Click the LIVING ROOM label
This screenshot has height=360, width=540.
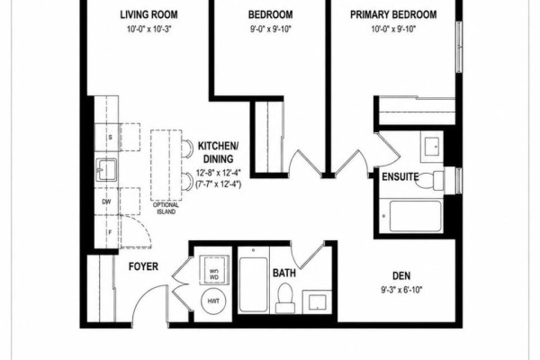tap(148, 14)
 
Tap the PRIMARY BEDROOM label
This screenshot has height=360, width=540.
tap(393, 14)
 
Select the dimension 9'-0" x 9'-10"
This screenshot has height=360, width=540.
tap(271, 30)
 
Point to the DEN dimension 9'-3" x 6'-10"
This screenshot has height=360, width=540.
tap(401, 290)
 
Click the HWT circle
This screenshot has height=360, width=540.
tap(213, 301)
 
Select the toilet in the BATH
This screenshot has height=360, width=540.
tap(284, 298)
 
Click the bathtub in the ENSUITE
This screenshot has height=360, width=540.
tap(415, 216)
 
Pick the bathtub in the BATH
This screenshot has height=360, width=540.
tap(253, 284)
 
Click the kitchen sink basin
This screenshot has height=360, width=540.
tap(106, 169)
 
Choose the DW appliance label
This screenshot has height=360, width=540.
tap(106, 202)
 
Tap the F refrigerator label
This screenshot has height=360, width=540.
tap(110, 232)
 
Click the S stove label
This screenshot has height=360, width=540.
tap(110, 137)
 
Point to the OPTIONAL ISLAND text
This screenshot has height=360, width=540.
tap(166, 209)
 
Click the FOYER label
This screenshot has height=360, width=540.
tap(143, 266)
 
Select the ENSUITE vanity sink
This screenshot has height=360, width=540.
tap(431, 146)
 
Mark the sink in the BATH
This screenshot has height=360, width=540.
tap(317, 302)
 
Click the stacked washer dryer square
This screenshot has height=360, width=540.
tap(214, 269)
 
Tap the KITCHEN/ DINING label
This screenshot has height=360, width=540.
tap(218, 152)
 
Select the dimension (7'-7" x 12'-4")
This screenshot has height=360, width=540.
tap(219, 184)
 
